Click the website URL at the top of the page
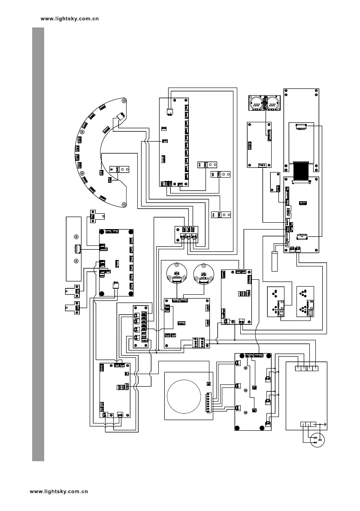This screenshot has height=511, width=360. pos(70,19)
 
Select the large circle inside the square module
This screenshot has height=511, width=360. pos(184,396)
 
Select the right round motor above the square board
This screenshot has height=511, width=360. pos(203,273)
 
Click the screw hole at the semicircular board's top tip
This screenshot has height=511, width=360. pos(124,101)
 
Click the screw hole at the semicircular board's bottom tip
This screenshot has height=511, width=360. pos(124,205)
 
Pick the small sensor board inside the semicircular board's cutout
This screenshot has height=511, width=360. pos(118,169)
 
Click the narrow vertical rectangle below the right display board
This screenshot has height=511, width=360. pos(275,261)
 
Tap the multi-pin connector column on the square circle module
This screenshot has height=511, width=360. pos(209,402)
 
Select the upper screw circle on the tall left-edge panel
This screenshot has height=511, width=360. pos(76,237)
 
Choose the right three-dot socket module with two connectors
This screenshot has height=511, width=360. pos(306,301)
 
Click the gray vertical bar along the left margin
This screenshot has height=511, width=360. pos(38,245)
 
